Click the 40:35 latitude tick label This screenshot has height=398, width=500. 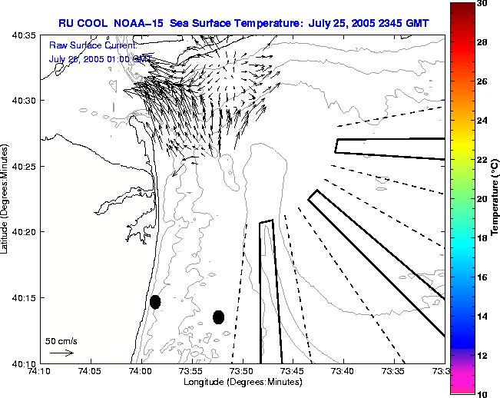coord(24,35)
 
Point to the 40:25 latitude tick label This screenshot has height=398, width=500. coord(24,166)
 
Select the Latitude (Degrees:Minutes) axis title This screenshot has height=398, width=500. coord(6,198)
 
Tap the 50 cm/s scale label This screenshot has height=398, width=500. coord(61,340)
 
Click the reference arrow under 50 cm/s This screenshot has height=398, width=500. coord(61,353)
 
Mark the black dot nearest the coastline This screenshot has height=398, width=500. coord(155,302)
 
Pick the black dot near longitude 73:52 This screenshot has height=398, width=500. coord(218,317)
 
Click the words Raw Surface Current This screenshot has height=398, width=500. coord(92,45)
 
